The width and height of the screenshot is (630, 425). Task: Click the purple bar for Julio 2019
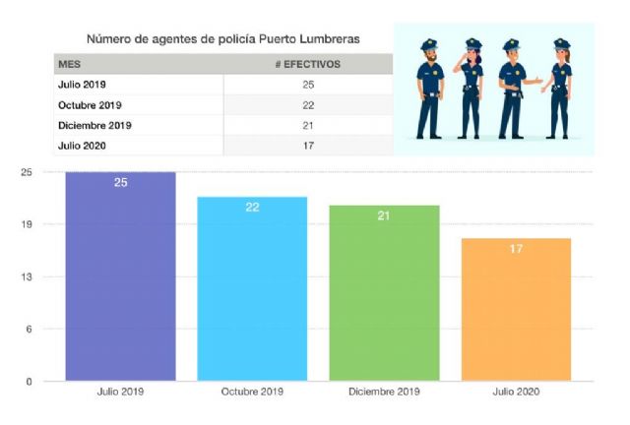tap(120, 276)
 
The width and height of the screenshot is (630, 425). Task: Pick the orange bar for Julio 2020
tap(515, 309)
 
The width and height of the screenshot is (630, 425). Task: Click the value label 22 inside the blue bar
tap(252, 208)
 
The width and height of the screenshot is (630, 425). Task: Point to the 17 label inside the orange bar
tap(515, 249)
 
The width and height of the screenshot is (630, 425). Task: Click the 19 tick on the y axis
tap(27, 224)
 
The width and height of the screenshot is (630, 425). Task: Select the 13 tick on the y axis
tap(27, 277)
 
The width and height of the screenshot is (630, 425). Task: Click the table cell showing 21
tap(308, 126)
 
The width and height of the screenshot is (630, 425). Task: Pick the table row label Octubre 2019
tap(90, 105)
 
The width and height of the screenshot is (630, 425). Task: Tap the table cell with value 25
tap(308, 85)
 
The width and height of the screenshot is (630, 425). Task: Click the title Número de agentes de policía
tap(222, 38)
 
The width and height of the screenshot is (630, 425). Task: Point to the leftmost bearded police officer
tap(429, 89)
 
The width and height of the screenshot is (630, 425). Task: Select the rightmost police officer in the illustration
tap(560, 89)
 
